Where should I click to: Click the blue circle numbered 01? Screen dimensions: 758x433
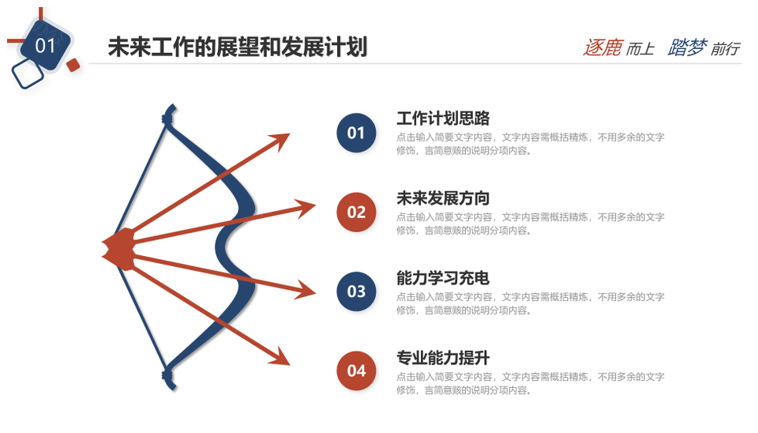tap(356, 133)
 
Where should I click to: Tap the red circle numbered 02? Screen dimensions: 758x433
tap(356, 212)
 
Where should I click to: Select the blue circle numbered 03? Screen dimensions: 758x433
tap(356, 292)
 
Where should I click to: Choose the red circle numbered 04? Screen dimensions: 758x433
tap(356, 371)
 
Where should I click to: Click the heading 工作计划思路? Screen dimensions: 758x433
tap(443, 118)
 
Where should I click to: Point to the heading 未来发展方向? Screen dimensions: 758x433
tap(443, 198)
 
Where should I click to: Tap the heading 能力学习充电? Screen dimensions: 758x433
tap(443, 277)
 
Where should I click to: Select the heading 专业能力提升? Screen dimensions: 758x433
tap(443, 357)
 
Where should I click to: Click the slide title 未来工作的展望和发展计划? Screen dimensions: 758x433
tap(238, 47)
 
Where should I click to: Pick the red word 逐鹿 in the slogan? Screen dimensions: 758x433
tap(602, 47)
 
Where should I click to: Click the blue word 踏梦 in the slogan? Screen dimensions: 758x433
tap(688, 47)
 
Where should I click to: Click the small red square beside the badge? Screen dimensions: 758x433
tap(73, 65)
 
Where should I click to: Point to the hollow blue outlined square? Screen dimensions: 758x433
tap(28, 74)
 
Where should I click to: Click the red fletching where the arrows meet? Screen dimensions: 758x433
tap(119, 249)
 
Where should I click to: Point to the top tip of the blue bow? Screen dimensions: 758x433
tap(171, 105)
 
